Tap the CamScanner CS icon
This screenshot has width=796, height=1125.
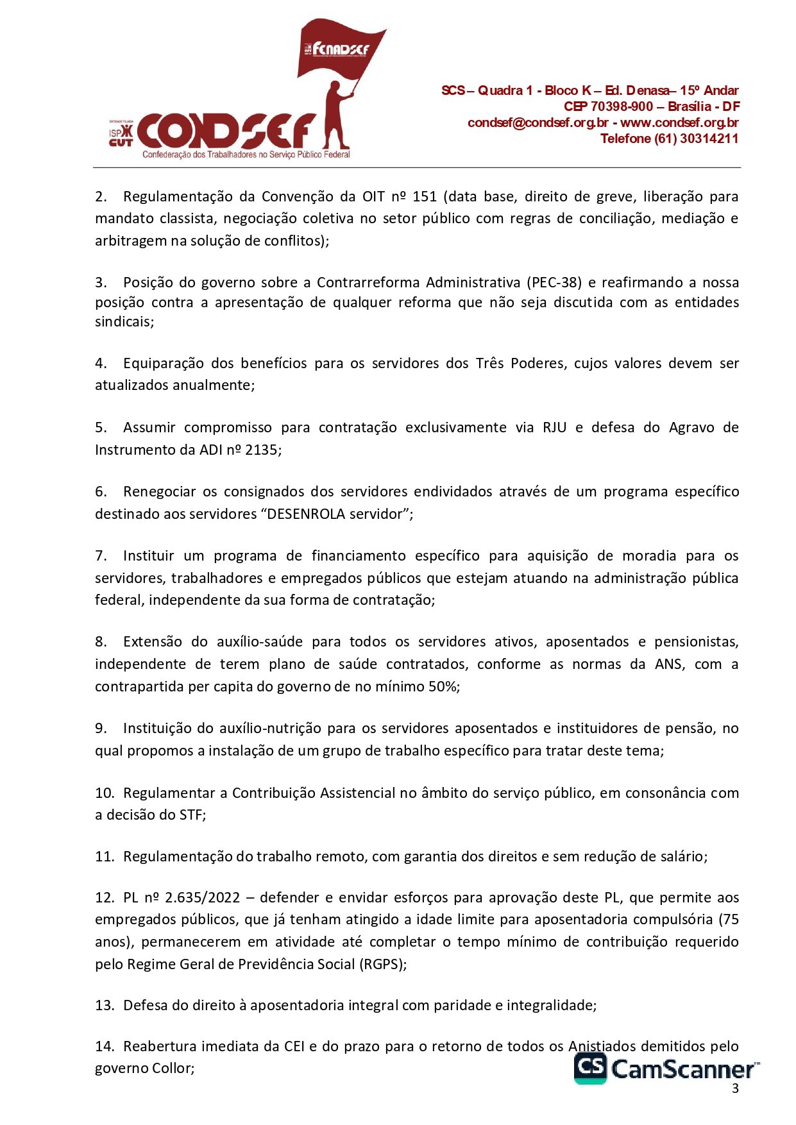click(589, 1067)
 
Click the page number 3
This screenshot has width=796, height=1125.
click(735, 1088)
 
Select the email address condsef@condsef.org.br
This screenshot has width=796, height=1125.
click(538, 123)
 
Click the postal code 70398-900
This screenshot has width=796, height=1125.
click(622, 106)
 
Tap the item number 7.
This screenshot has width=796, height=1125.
click(101, 555)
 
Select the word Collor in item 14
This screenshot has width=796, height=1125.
click(173, 1068)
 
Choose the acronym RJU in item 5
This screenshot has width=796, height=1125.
click(554, 427)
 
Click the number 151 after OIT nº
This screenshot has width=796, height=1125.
click(424, 196)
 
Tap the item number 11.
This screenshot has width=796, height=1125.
click(104, 856)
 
